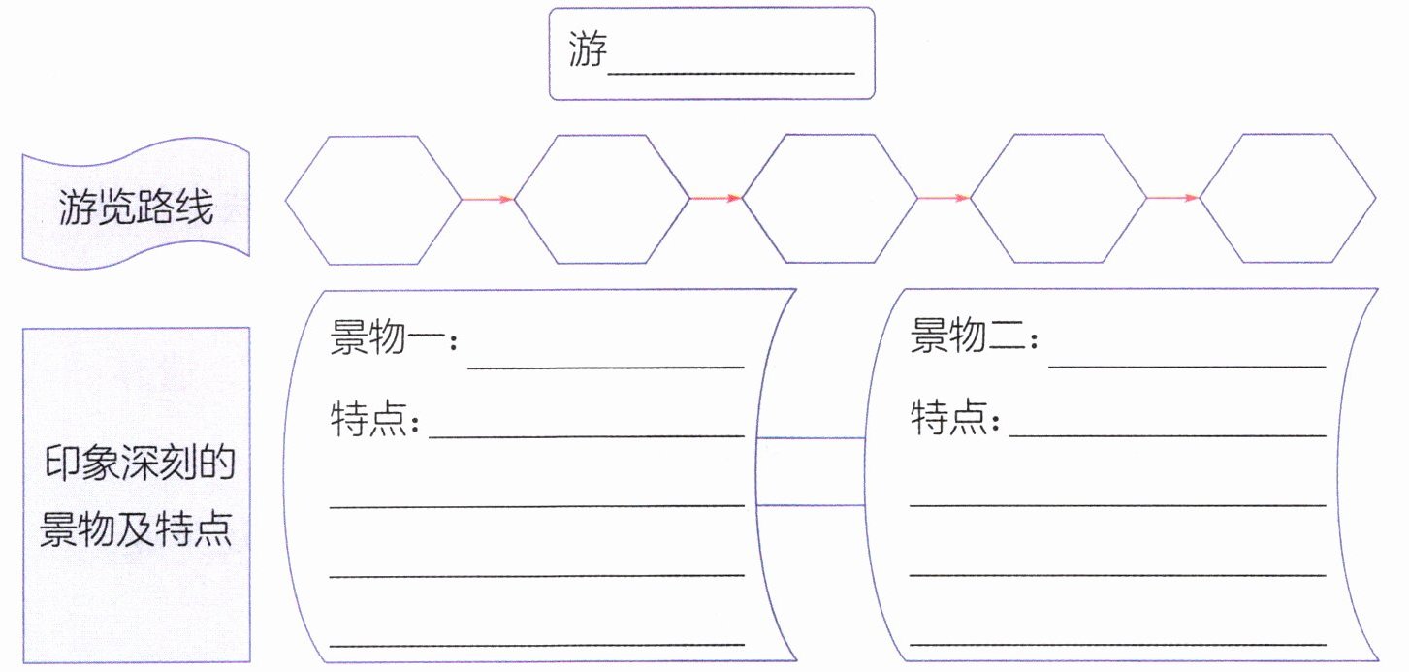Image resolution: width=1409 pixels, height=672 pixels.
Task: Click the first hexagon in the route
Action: [373, 200]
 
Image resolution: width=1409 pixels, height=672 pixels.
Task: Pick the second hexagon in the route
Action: [602, 200]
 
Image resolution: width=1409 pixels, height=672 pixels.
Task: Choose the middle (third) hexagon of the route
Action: [830, 200]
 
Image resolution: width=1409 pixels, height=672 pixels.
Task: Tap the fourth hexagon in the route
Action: [1059, 200]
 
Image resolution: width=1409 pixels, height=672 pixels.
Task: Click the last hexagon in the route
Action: [1288, 200]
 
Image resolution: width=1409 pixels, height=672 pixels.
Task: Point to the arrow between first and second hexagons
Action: [488, 200]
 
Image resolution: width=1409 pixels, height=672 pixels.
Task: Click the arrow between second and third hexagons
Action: [717, 199]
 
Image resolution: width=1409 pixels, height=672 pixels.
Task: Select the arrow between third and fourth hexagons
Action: [945, 199]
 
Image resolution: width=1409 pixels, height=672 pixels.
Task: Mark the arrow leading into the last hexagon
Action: [1173, 199]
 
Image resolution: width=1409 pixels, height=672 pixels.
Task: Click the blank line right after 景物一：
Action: [606, 367]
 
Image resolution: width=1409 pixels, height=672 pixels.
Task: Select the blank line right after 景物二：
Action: [1187, 367]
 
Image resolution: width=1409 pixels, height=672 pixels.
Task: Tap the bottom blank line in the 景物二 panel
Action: [1117, 643]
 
